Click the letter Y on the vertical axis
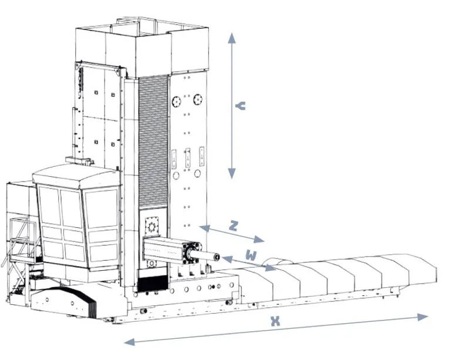[x=240, y=106]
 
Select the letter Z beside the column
[x=233, y=227]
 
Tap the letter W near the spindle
[x=251, y=255]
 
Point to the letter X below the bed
[x=274, y=321]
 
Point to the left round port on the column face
[x=176, y=102]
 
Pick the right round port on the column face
[x=198, y=99]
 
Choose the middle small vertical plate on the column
[x=188, y=158]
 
